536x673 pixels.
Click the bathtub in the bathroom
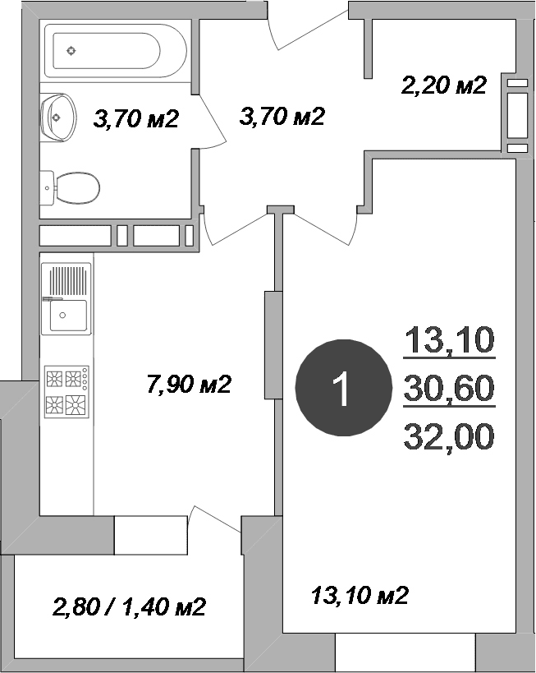pyautogui.click(x=116, y=51)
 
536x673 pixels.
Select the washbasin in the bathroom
pyautogui.click(x=59, y=117)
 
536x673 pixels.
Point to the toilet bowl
pyautogui.click(x=71, y=188)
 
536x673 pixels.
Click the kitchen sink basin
pyautogui.click(x=68, y=316)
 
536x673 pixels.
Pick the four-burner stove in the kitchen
pyautogui.click(x=66, y=392)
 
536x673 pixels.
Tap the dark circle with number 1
pyautogui.click(x=343, y=388)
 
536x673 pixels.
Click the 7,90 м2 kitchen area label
pyautogui.click(x=189, y=384)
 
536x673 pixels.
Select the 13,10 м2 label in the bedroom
pyautogui.click(x=360, y=595)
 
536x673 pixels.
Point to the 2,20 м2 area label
pyautogui.click(x=444, y=85)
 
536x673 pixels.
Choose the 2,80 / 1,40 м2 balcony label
pyautogui.click(x=129, y=607)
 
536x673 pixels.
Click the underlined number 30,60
pyautogui.click(x=449, y=388)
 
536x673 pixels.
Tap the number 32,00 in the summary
pyautogui.click(x=449, y=436)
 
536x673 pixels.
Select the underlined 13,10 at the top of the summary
pyautogui.click(x=449, y=340)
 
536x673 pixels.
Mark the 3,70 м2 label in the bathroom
pyautogui.click(x=135, y=119)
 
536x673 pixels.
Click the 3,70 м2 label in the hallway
pyautogui.click(x=282, y=117)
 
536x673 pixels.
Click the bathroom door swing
pyautogui.click(x=213, y=121)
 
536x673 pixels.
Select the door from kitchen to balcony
pyautogui.click(x=214, y=519)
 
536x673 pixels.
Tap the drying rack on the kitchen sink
pyautogui.click(x=68, y=281)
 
